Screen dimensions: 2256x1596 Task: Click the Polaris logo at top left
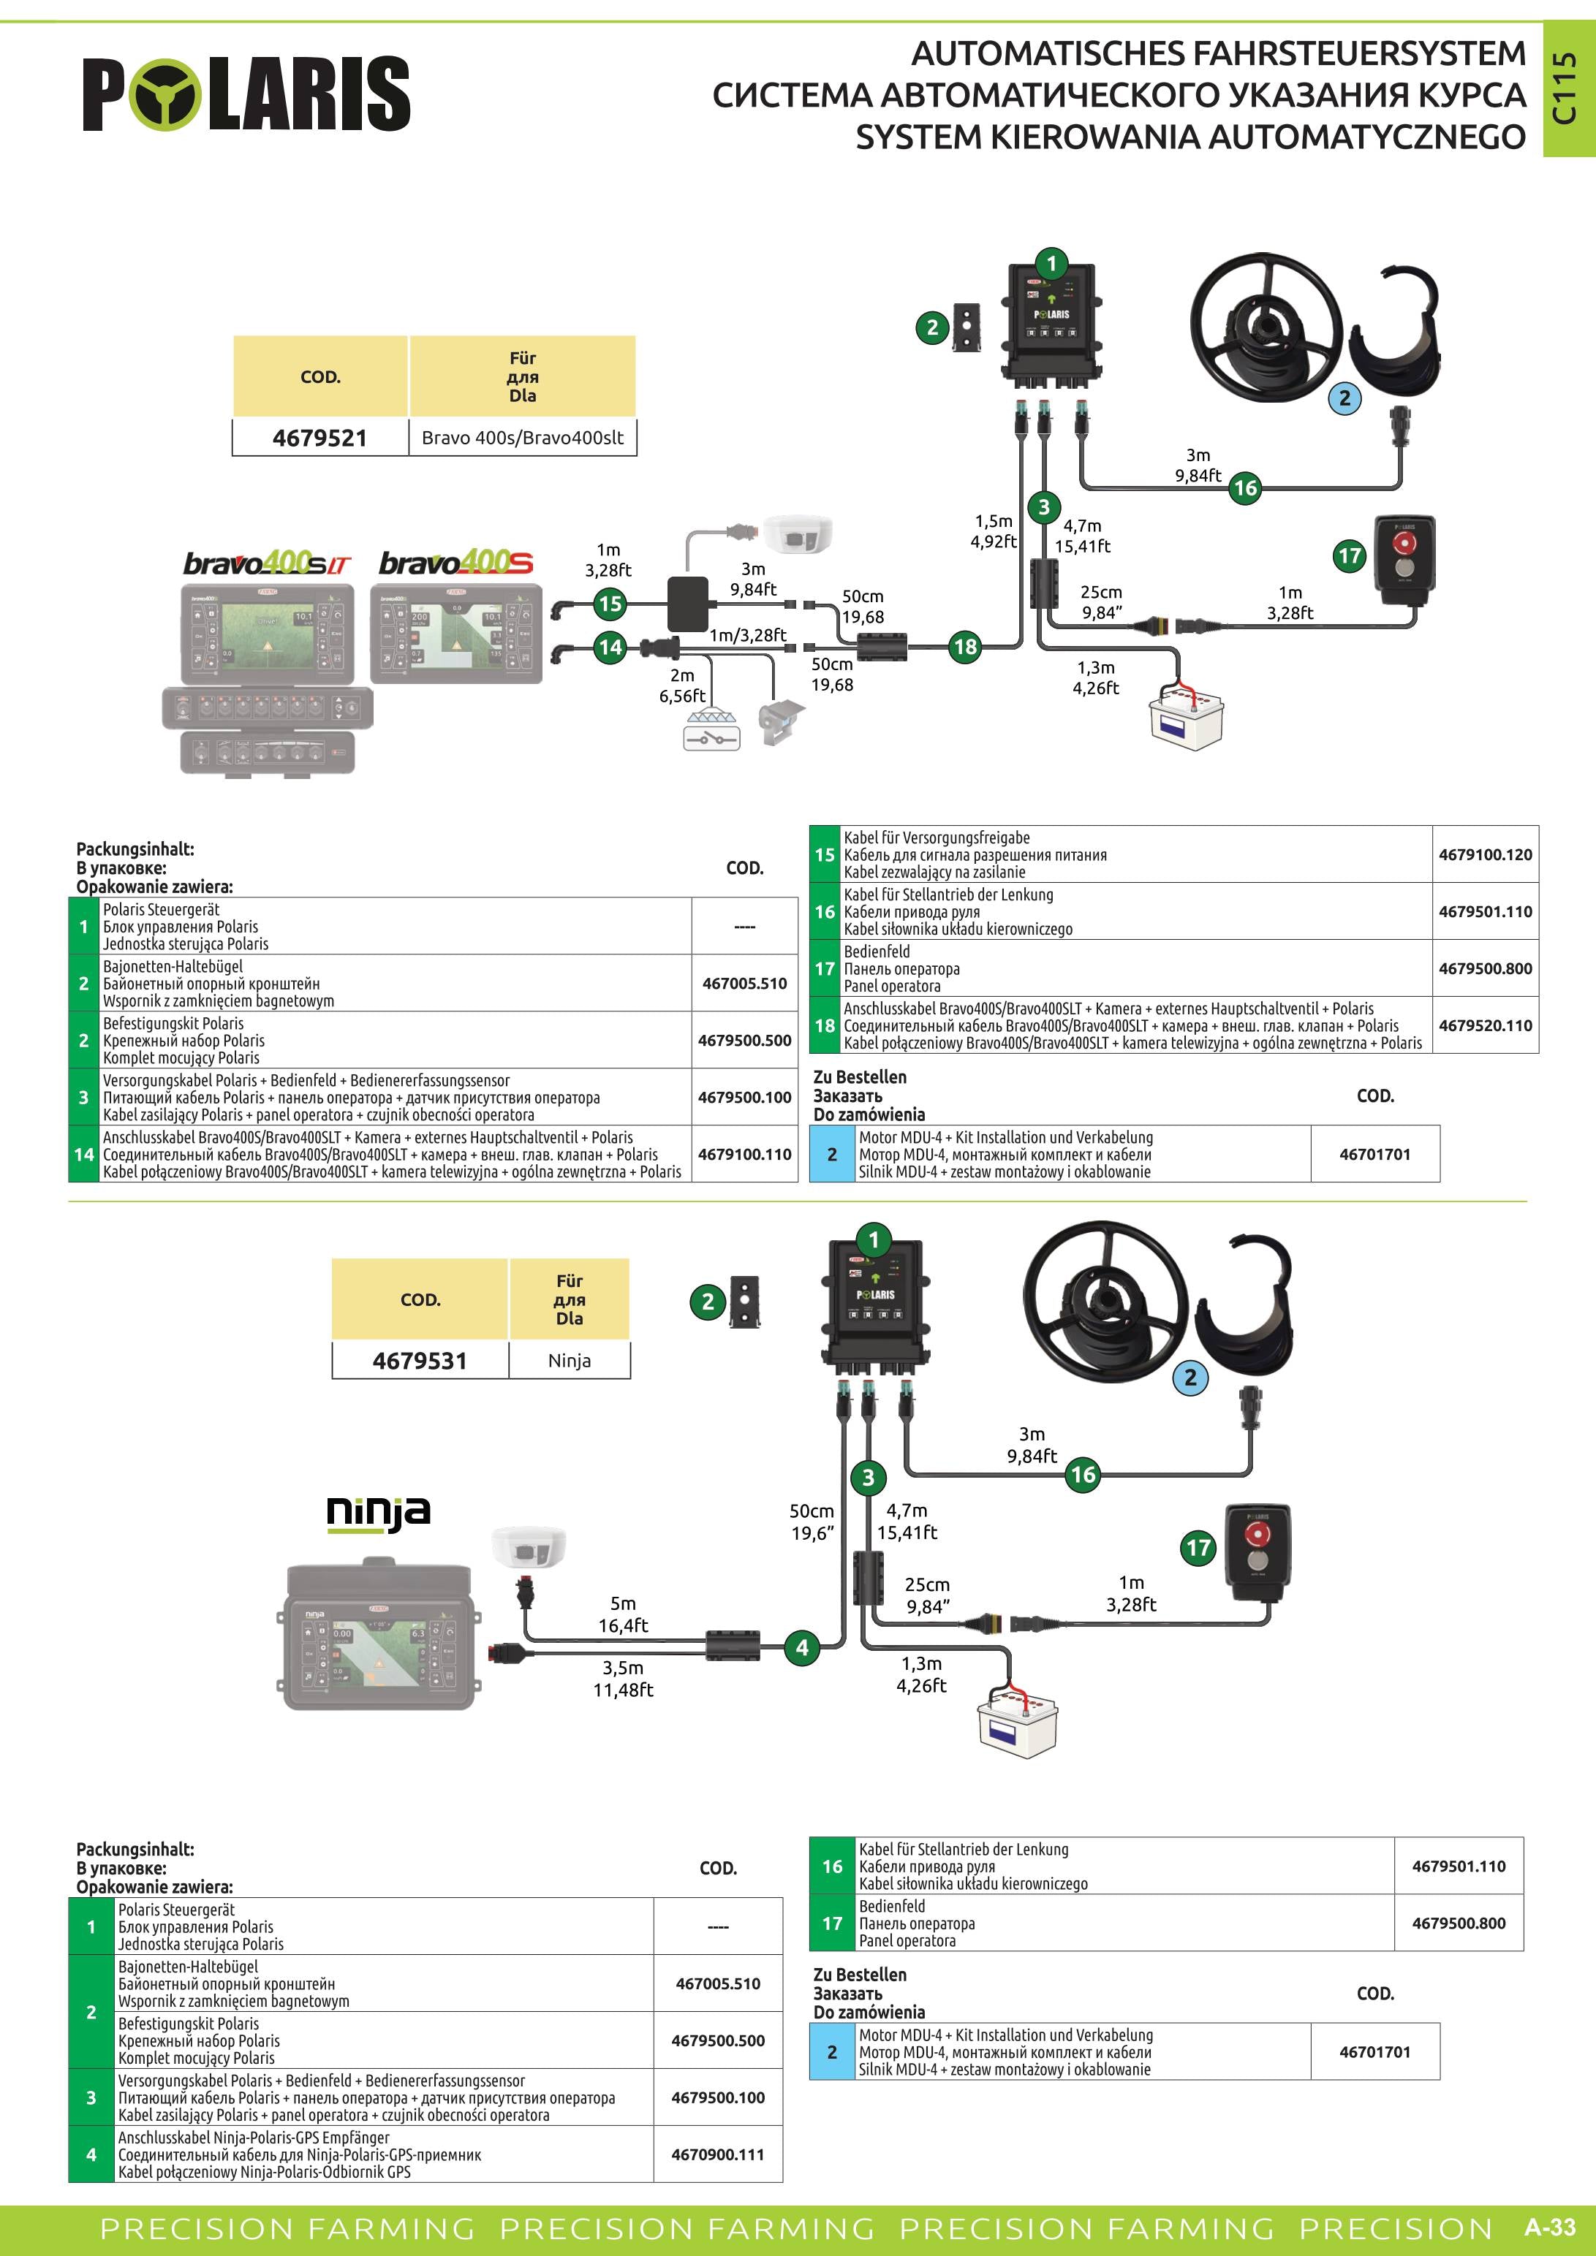(x=246, y=94)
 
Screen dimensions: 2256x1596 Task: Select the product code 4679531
(x=420, y=1361)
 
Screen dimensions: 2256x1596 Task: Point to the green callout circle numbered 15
(x=610, y=604)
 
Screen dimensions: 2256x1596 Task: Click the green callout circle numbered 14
(x=610, y=647)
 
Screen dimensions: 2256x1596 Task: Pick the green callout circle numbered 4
(x=802, y=1648)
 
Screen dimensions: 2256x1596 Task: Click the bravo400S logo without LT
(x=456, y=563)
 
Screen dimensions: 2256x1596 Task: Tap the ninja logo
(x=379, y=1514)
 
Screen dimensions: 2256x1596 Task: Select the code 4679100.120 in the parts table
(x=1485, y=855)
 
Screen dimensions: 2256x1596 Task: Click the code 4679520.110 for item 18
(x=1485, y=1026)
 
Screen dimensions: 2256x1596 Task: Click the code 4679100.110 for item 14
(x=744, y=1155)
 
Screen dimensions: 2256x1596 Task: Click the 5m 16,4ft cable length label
(x=623, y=1614)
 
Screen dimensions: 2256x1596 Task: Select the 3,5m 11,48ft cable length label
(x=623, y=1679)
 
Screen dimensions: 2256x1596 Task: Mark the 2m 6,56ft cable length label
(x=682, y=685)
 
